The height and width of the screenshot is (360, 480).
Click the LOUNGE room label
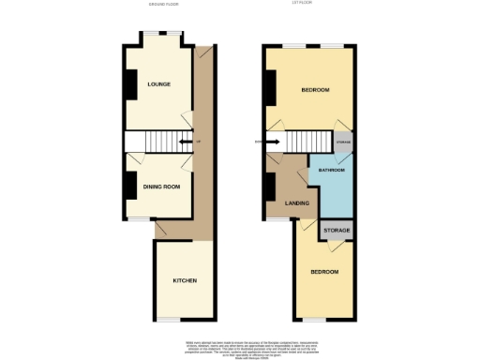157,84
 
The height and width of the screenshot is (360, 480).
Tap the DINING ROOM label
161,187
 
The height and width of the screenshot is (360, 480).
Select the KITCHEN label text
184,280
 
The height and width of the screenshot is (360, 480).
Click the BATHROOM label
332,171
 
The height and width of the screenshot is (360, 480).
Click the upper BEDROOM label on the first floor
315,89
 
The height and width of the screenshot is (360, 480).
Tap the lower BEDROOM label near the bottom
324,272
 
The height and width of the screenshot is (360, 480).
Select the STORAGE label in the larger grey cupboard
337,231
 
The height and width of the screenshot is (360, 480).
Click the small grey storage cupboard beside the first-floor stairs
344,141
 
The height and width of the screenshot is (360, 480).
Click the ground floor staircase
156,142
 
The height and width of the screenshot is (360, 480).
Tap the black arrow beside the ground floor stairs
186,142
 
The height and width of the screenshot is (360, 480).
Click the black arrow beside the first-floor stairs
271,142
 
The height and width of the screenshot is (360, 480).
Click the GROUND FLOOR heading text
163,5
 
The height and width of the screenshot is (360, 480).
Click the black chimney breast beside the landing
268,187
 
